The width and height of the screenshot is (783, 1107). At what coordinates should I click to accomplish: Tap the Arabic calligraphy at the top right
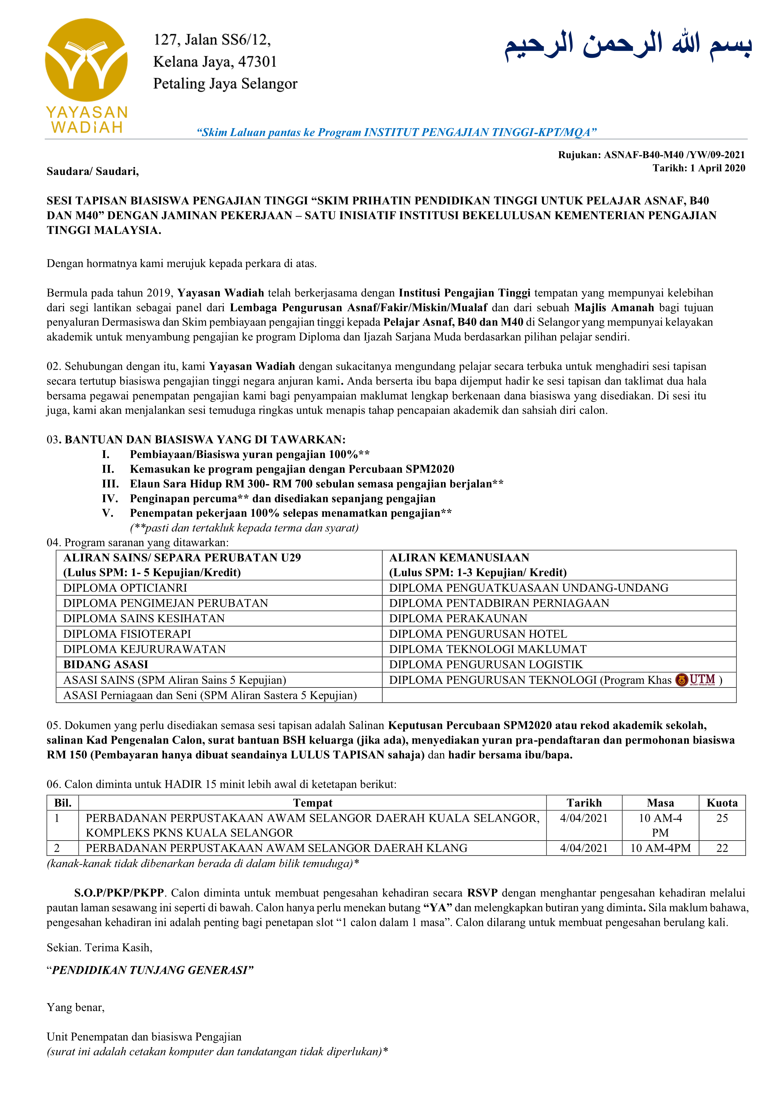pos(628,46)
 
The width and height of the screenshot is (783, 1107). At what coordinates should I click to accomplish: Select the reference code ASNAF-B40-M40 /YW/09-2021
pos(674,155)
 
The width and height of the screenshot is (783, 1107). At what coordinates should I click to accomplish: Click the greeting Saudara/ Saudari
pos(92,171)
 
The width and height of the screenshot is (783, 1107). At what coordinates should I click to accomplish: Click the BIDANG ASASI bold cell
pos(106,664)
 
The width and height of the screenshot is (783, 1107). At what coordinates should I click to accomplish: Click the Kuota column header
pos(722,803)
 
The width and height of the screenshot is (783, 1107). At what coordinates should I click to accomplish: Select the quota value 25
pos(722,818)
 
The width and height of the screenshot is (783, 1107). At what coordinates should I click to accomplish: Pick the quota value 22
pos(722,848)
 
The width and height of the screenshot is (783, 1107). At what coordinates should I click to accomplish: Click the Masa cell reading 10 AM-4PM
pos(660,848)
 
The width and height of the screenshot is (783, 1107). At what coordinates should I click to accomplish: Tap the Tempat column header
pos(312,803)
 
